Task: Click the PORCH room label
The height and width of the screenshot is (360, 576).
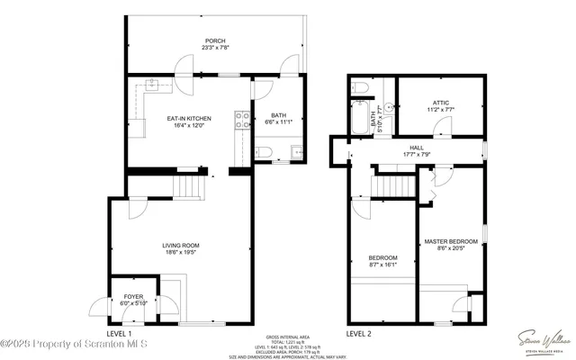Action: coord(215,40)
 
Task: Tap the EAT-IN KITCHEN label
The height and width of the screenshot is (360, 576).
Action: coord(189,118)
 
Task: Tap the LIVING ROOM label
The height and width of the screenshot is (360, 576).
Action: coord(180,246)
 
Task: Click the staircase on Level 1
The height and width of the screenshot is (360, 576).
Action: coord(187,187)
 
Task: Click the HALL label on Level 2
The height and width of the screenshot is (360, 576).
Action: coord(417,148)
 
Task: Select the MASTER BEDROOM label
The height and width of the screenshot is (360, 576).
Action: coord(451,241)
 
